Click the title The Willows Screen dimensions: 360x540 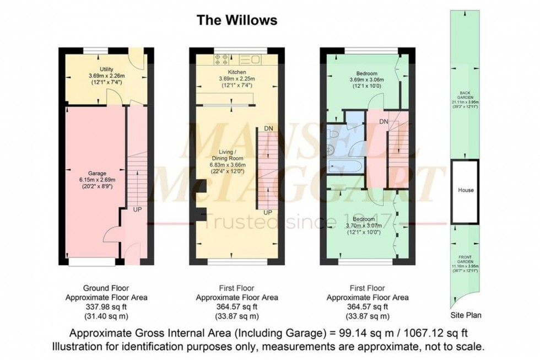click(237, 21)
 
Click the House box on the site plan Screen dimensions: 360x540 click(466, 190)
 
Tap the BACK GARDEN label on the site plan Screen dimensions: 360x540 click(466, 94)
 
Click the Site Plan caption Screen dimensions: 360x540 click(466, 316)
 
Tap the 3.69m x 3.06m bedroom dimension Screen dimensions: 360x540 click(366, 80)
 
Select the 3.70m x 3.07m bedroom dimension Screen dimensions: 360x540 click(366, 226)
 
